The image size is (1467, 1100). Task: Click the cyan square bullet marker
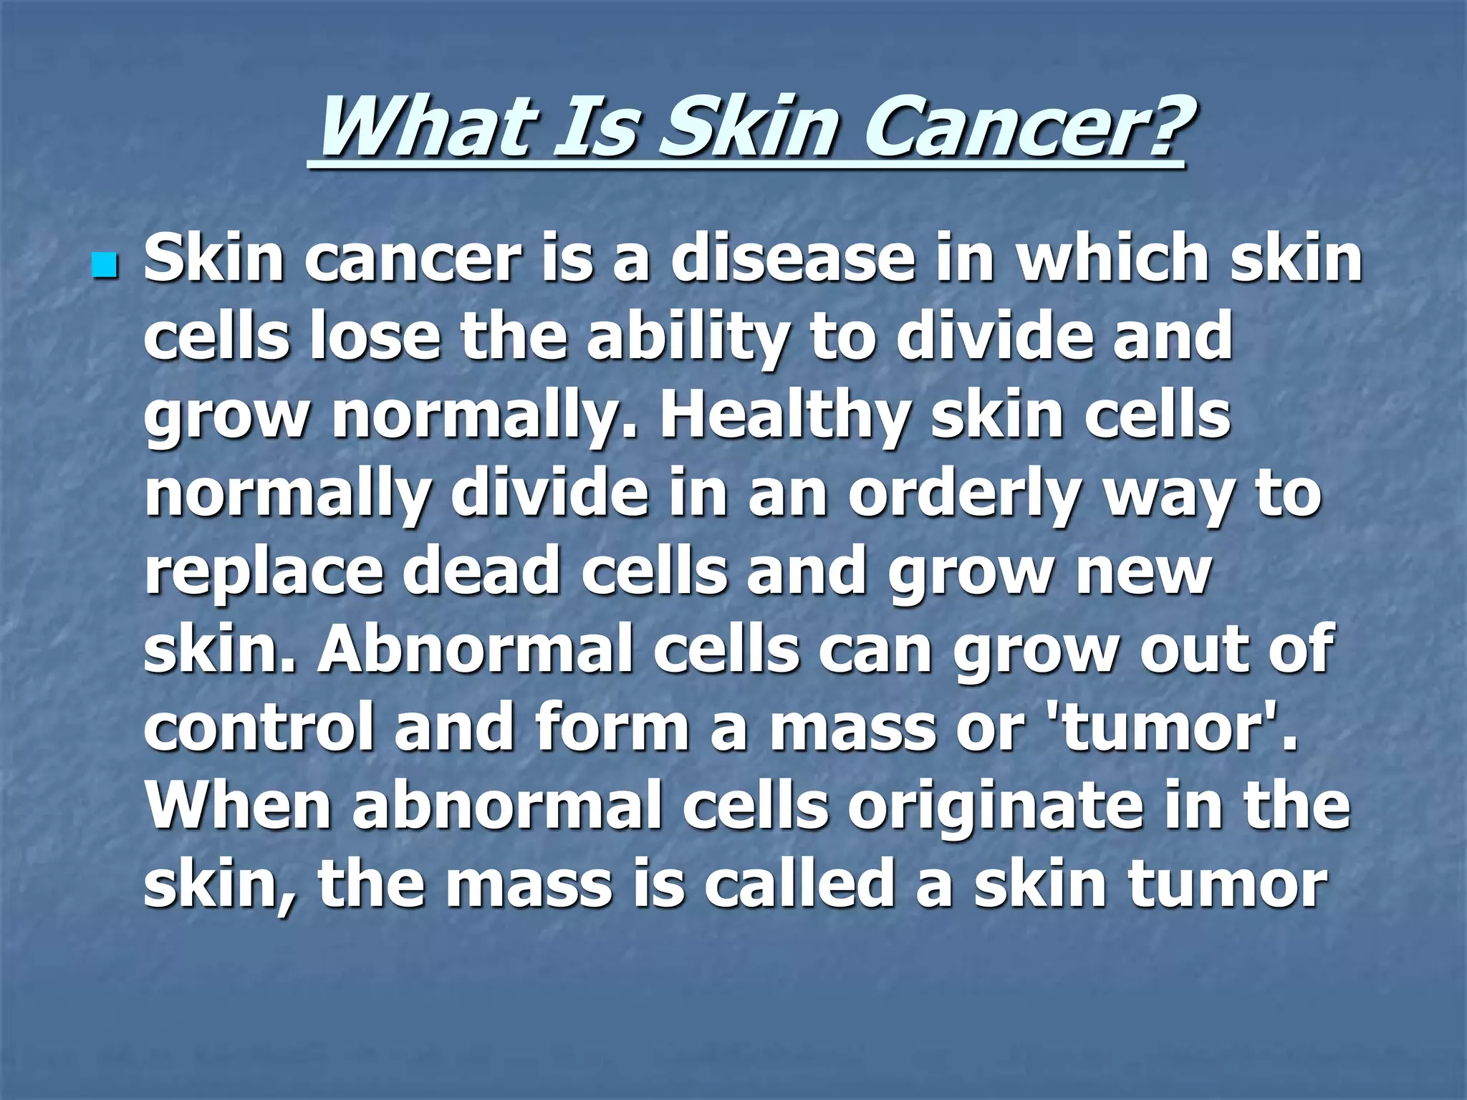pyautogui.click(x=104, y=266)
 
